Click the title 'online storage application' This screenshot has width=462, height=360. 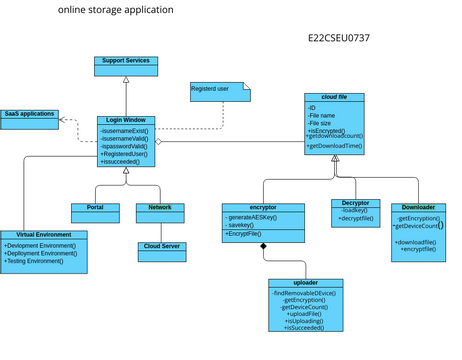pos(115,10)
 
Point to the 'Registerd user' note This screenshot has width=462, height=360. pos(214,91)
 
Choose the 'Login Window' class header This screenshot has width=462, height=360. pos(126,120)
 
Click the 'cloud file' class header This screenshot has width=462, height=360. pos(334,97)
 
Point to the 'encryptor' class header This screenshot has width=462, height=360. pos(263,208)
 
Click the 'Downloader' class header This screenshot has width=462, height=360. pos(418,208)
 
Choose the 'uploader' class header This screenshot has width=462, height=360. pos(306,283)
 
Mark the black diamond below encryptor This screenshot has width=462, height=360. pos(264,246)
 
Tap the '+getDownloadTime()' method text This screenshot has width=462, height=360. pos(335,147)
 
